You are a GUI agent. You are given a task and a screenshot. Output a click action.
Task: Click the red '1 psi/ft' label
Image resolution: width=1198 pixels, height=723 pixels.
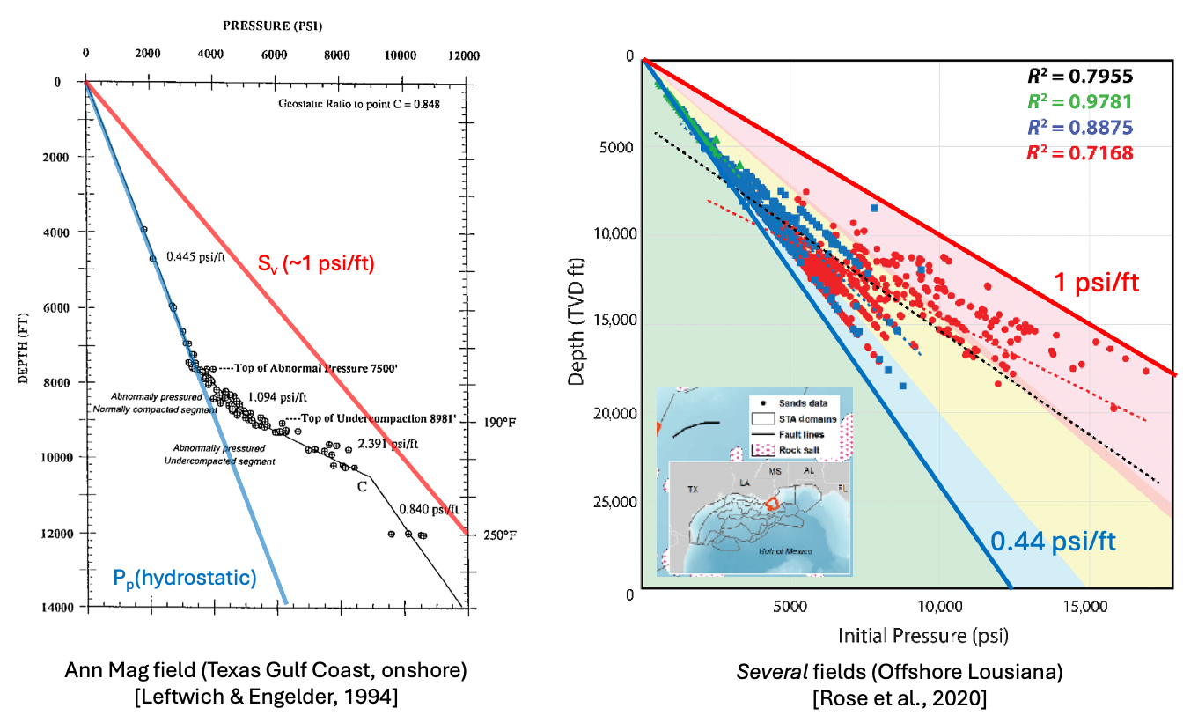(x=1098, y=283)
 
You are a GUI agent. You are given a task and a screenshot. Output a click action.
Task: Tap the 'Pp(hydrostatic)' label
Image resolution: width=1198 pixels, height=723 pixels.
(x=185, y=578)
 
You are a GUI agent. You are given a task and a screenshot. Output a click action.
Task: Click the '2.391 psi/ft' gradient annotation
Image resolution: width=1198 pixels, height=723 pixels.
(x=390, y=445)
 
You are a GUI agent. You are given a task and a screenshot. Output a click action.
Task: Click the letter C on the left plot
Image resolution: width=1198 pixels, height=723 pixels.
(x=360, y=485)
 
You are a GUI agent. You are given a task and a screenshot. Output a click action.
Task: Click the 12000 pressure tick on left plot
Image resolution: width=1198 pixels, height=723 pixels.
(x=463, y=56)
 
